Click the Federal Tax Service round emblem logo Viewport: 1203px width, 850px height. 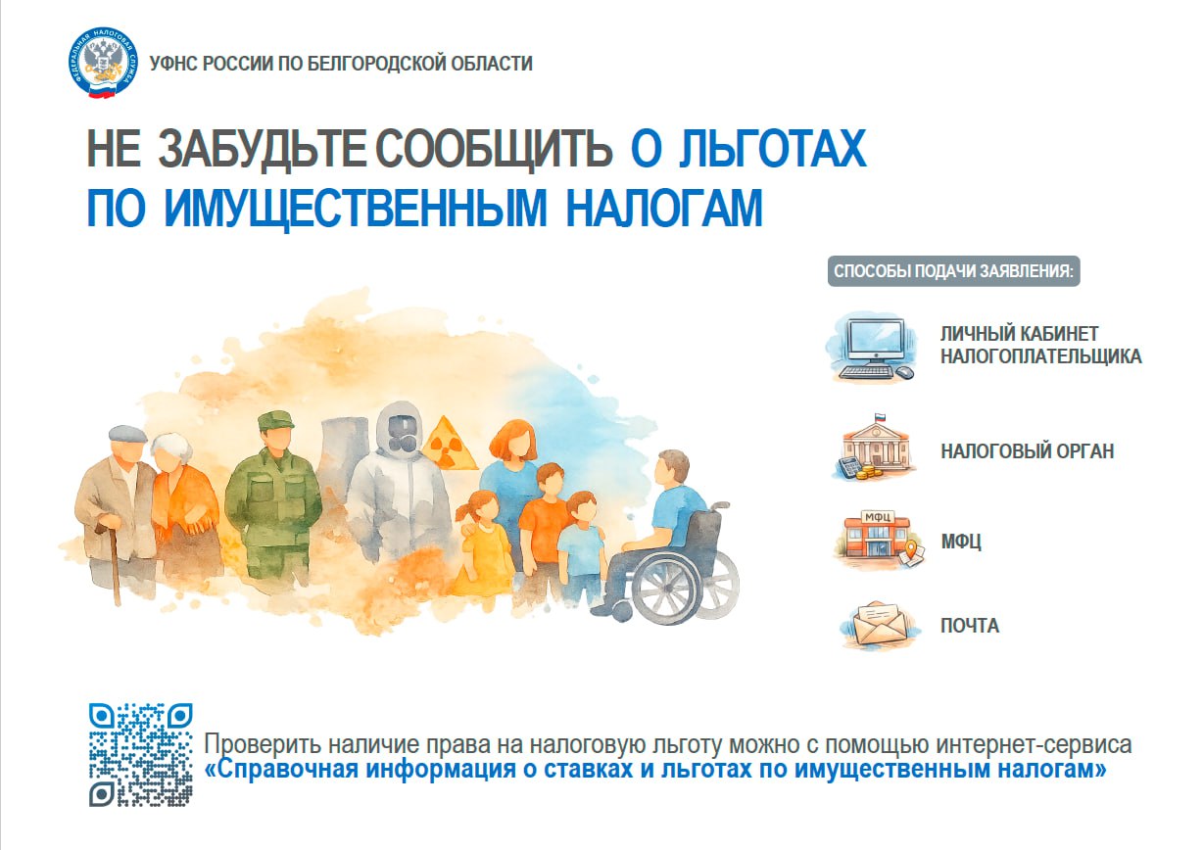[x=103, y=63]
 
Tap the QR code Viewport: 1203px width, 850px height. [x=141, y=754]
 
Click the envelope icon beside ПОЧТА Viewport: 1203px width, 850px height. [x=880, y=625]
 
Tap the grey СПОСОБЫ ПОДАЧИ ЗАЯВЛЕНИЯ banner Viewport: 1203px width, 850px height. [x=953, y=271]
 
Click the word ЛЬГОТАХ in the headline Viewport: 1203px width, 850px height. [x=772, y=149]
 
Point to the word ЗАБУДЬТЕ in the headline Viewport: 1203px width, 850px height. [x=263, y=149]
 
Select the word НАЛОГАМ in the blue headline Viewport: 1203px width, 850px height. [x=664, y=209]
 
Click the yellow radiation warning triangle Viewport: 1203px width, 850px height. [x=450, y=443]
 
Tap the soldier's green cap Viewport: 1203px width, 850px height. [x=275, y=420]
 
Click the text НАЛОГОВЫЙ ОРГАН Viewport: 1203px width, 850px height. [x=1027, y=451]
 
